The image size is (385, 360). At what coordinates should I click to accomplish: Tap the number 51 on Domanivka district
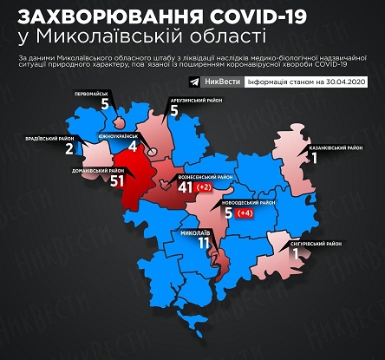pyautogui.click(x=109, y=181)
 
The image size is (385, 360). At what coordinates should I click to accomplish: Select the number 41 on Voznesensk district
pyautogui.click(x=184, y=187)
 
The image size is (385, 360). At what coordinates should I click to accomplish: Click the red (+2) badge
pyautogui.click(x=205, y=187)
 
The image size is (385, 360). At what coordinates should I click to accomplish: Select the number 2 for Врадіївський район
pyautogui.click(x=69, y=148)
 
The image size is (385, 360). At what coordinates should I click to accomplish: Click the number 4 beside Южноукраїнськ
pyautogui.click(x=132, y=147)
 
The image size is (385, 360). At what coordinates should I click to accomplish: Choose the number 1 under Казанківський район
pyautogui.click(x=316, y=160)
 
